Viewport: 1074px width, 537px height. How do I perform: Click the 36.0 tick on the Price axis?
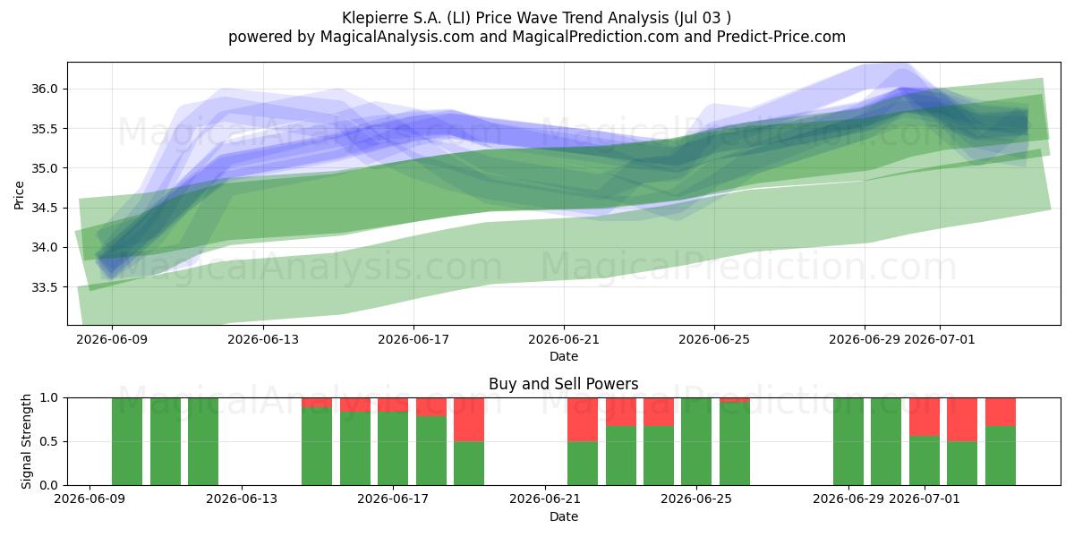coord(44,89)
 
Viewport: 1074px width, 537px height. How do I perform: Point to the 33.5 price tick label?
coord(44,287)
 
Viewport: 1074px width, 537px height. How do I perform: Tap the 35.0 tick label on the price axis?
coord(44,169)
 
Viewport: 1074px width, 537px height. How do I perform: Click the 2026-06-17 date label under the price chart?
coord(413,339)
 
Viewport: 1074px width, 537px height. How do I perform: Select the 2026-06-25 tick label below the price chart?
coord(714,339)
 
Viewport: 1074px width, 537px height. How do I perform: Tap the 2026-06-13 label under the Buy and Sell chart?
coord(241,499)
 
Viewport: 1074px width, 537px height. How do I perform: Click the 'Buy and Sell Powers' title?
coord(563,384)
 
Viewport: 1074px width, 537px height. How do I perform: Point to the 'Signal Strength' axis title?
coord(26,441)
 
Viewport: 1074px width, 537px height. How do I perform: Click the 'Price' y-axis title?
coord(19,196)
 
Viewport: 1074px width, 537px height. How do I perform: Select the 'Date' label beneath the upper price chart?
coord(564,357)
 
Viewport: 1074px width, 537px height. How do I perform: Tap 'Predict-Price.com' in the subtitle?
coord(781,37)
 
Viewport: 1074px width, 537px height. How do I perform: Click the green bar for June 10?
coord(127,441)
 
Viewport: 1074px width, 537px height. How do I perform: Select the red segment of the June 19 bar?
coord(469,420)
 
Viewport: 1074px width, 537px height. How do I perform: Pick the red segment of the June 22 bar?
coord(583,420)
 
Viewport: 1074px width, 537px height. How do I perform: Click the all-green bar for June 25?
coord(696,441)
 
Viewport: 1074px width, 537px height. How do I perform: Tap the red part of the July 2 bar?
coord(962,420)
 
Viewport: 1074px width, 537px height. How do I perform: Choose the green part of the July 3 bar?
coord(1001,456)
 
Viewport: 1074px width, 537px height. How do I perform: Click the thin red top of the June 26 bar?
coord(735,400)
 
